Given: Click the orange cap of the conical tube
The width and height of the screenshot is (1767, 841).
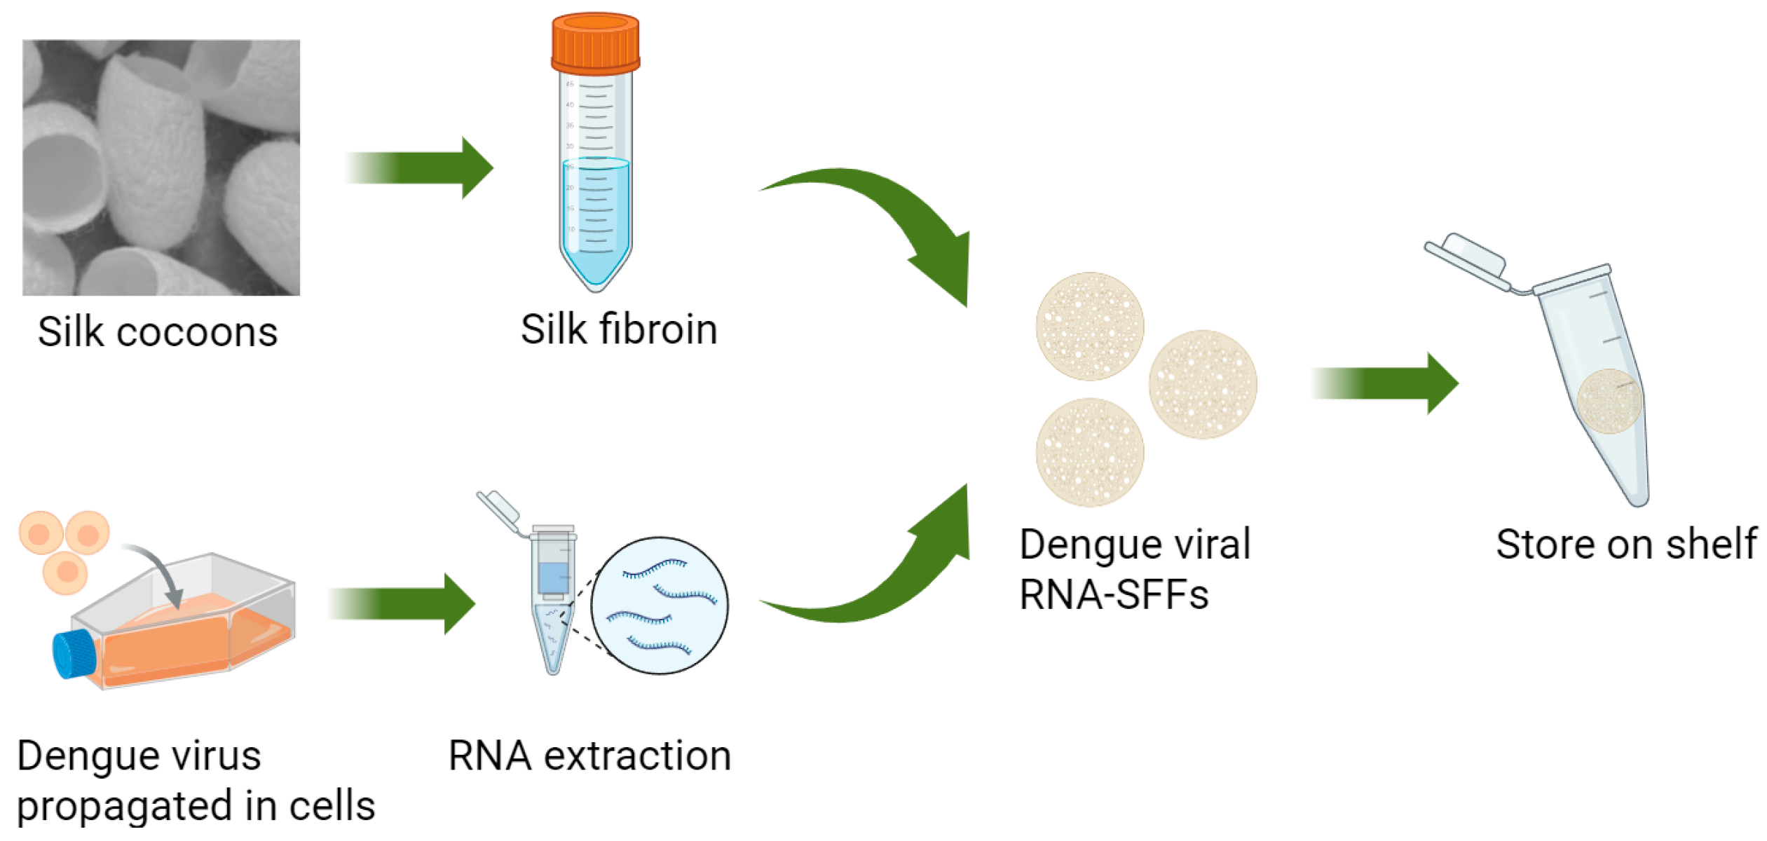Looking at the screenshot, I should (x=595, y=43).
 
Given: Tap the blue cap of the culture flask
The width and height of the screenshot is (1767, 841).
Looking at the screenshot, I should (x=74, y=653).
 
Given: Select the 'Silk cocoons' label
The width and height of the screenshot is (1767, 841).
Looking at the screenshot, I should (x=158, y=331).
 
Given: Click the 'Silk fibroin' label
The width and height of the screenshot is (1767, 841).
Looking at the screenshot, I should (x=619, y=329).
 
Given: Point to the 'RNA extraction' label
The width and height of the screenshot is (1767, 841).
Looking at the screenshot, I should (x=589, y=755).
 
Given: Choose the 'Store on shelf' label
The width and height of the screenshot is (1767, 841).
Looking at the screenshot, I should (x=1626, y=544).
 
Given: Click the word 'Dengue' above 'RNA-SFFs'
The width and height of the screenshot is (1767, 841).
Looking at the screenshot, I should (x=1075, y=545).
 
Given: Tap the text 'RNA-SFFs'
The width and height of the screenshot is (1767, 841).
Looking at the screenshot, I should (x=1114, y=595).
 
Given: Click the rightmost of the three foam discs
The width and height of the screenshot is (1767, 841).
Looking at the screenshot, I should (x=1203, y=384).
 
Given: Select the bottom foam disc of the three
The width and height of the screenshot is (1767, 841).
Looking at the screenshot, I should (x=1090, y=452).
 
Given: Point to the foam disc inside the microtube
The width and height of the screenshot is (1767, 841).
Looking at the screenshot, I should (x=1609, y=402).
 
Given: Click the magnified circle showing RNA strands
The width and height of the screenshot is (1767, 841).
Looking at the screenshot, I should (x=659, y=606).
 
